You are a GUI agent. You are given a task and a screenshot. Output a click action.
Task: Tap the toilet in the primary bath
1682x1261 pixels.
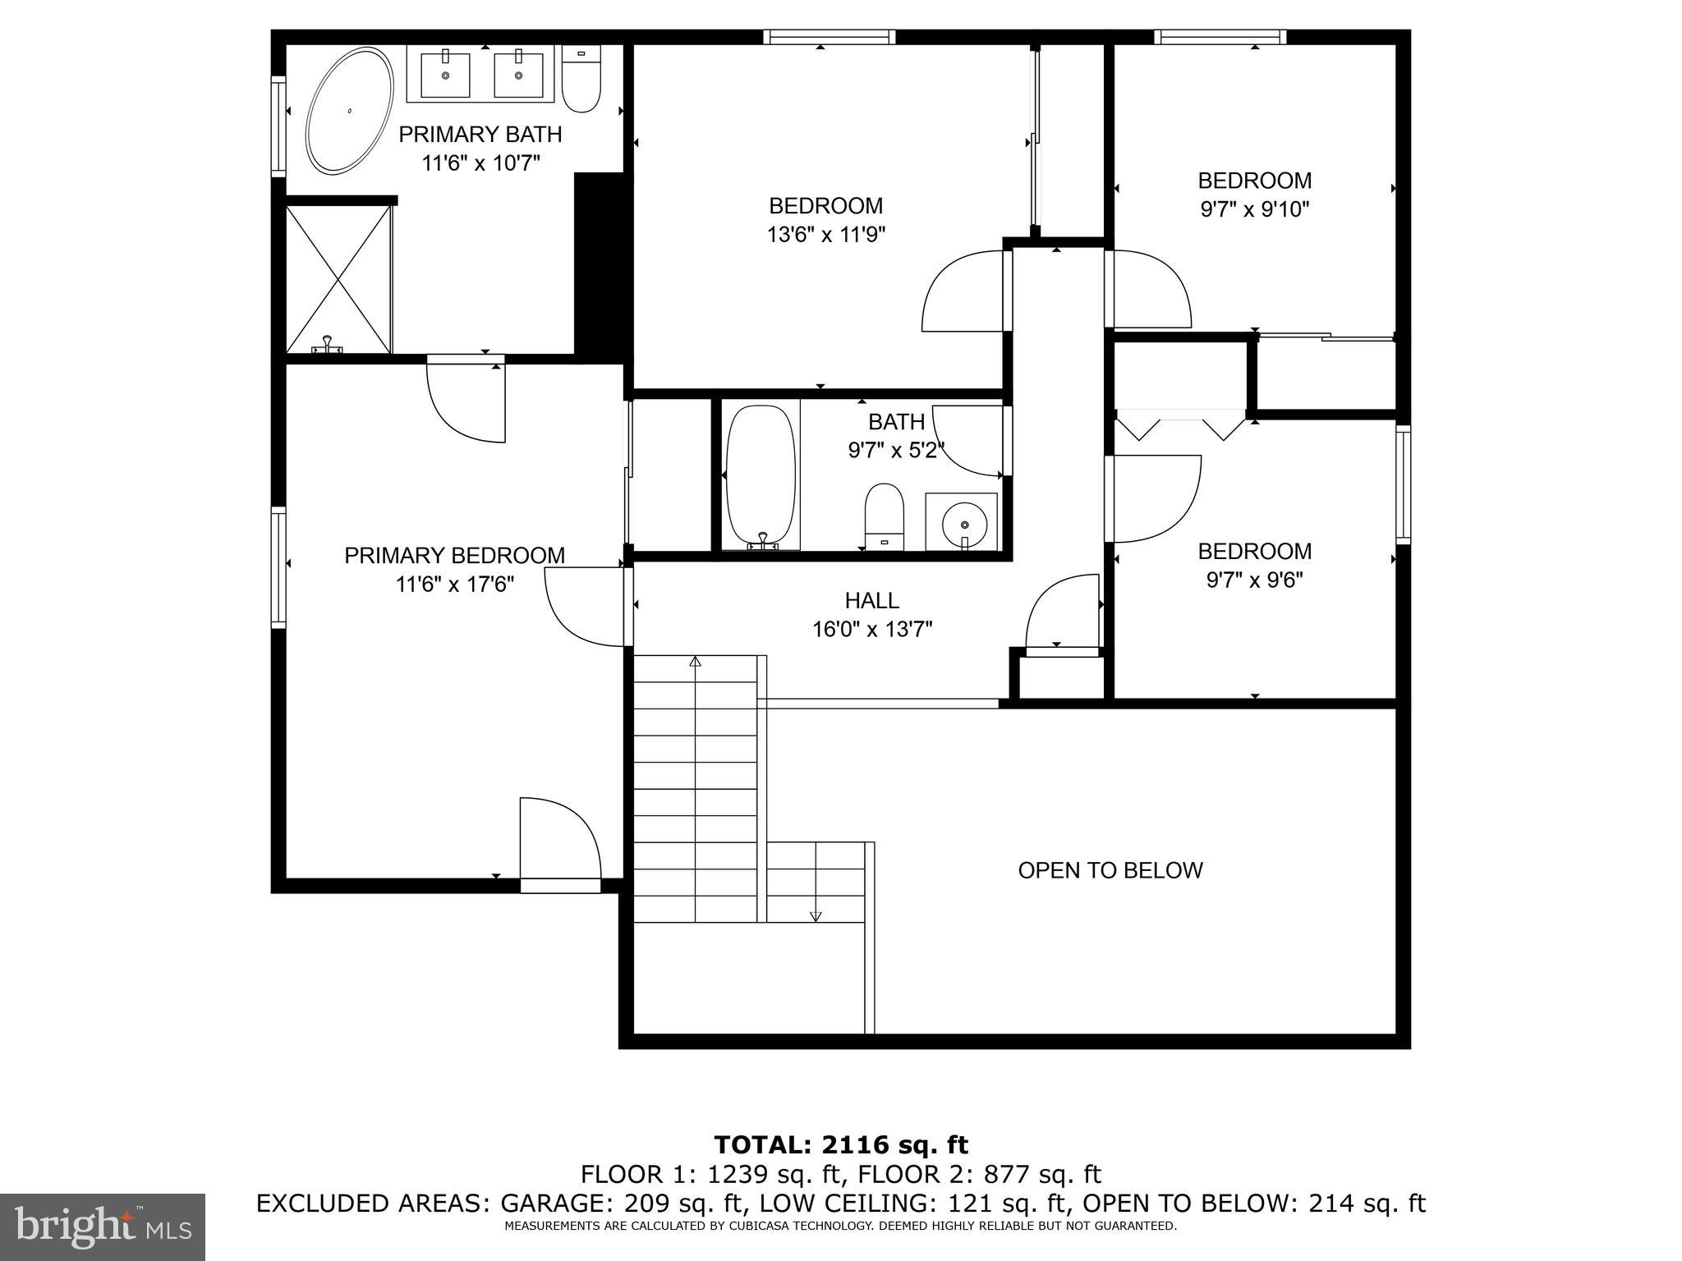(581, 80)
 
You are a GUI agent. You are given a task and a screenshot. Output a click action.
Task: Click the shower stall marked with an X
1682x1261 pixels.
(338, 280)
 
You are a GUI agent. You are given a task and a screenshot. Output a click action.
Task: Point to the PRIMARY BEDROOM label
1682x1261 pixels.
(454, 556)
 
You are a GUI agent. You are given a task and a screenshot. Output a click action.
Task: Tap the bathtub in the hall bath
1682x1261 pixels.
(761, 477)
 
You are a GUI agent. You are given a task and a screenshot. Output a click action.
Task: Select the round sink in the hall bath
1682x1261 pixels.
(962, 522)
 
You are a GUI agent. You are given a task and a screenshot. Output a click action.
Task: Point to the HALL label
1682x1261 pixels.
(871, 601)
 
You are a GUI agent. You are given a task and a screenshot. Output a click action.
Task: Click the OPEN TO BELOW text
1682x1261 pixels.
(1110, 870)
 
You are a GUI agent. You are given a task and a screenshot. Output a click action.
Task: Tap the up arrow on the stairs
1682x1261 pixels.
(696, 662)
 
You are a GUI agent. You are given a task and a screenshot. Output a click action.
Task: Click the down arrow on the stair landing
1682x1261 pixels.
(816, 915)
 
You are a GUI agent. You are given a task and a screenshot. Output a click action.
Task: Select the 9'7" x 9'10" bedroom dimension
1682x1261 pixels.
(1254, 209)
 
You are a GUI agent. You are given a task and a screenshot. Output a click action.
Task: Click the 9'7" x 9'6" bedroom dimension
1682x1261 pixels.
(1254, 580)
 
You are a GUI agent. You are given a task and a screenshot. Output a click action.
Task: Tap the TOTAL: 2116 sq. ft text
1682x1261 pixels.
(841, 1145)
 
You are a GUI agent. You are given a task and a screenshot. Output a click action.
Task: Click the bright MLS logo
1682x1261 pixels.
(102, 1227)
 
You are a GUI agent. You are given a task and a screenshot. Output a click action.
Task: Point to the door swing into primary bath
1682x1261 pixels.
(466, 401)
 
